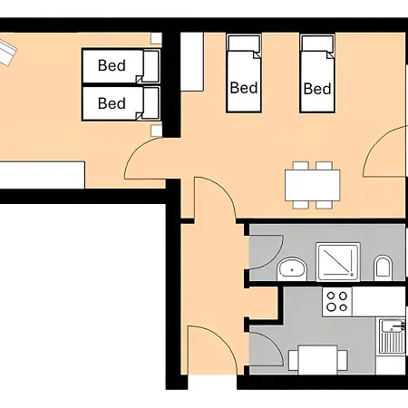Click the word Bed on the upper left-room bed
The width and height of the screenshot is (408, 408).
[112, 65]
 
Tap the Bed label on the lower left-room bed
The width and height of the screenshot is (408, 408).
[112, 103]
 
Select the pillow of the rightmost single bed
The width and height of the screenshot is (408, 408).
[317, 44]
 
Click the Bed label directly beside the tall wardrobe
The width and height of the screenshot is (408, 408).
[244, 88]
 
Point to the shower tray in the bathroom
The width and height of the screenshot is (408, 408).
[338, 262]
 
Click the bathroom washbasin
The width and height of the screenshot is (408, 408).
[292, 268]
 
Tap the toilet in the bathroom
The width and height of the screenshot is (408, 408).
[383, 268]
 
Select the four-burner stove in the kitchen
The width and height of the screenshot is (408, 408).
[337, 302]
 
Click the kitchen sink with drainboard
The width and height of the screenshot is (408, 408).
[392, 336]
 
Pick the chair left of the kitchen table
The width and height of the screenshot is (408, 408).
[294, 360]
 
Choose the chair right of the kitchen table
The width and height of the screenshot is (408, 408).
[342, 360]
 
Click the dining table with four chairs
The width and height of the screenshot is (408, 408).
[313, 185]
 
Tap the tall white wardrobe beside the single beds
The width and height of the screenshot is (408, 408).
[192, 62]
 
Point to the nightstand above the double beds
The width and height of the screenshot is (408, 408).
[156, 38]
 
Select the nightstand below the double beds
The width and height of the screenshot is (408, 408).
[156, 131]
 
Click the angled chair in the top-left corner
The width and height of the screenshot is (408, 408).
[6, 53]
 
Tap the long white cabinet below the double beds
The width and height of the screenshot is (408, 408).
[42, 175]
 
